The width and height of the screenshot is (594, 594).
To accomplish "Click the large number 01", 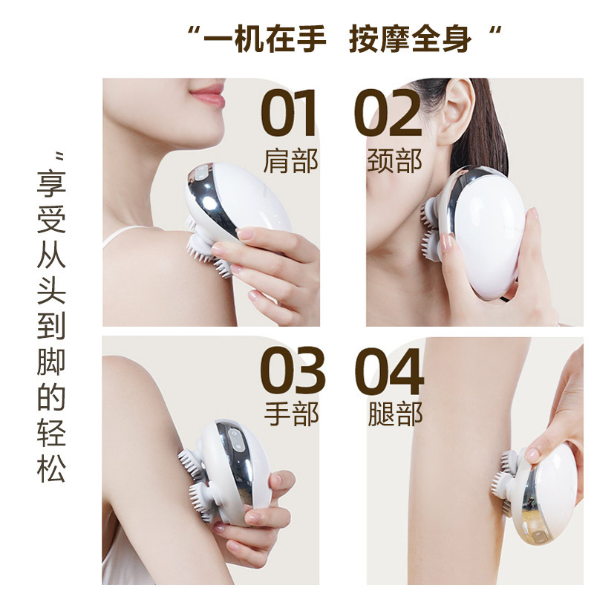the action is pyautogui.click(x=289, y=113).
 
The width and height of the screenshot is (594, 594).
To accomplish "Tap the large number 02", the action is pyautogui.click(x=388, y=113).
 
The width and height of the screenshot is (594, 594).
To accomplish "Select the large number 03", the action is pyautogui.click(x=293, y=370).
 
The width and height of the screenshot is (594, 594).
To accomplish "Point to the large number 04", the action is pyautogui.click(x=389, y=371).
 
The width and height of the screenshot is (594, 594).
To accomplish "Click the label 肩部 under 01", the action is pyautogui.click(x=290, y=161).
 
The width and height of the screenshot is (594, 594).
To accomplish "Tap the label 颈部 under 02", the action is pyautogui.click(x=394, y=161).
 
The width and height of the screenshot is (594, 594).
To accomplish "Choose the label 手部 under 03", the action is pyautogui.click(x=291, y=414).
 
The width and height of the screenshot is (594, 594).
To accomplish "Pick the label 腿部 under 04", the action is pyautogui.click(x=395, y=414).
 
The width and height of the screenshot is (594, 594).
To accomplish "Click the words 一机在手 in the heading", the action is pyautogui.click(x=265, y=39).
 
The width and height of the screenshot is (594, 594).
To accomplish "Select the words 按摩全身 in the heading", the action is pyautogui.click(x=411, y=39).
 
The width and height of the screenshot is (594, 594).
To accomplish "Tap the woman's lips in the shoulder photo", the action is pyautogui.click(x=208, y=94).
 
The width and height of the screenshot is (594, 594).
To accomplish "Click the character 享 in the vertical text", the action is pyautogui.click(x=51, y=183).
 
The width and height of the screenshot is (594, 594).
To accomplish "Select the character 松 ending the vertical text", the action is pyautogui.click(x=51, y=468).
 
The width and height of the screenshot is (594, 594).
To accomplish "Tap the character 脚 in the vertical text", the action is pyautogui.click(x=51, y=361).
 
